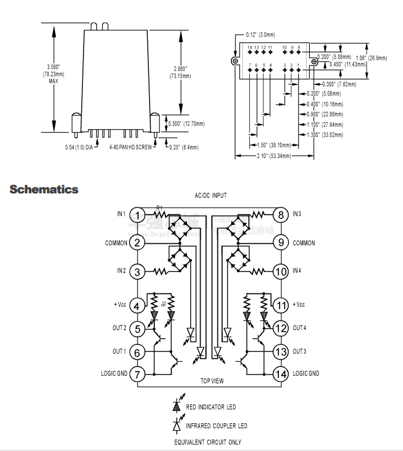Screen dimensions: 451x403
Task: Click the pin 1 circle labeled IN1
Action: click(x=137, y=215)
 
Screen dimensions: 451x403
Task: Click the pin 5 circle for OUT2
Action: click(x=137, y=328)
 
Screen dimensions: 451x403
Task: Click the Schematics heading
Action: click(x=44, y=189)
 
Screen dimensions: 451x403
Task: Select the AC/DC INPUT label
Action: click(x=210, y=196)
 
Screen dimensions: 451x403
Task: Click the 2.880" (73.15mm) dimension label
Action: click(x=180, y=72)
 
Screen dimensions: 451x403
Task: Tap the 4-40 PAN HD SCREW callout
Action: click(x=130, y=148)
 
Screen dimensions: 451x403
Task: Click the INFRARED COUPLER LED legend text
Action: click(x=216, y=426)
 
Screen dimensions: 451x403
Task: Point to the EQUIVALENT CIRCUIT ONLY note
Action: click(x=208, y=442)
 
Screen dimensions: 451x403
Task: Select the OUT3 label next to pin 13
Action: click(x=300, y=351)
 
